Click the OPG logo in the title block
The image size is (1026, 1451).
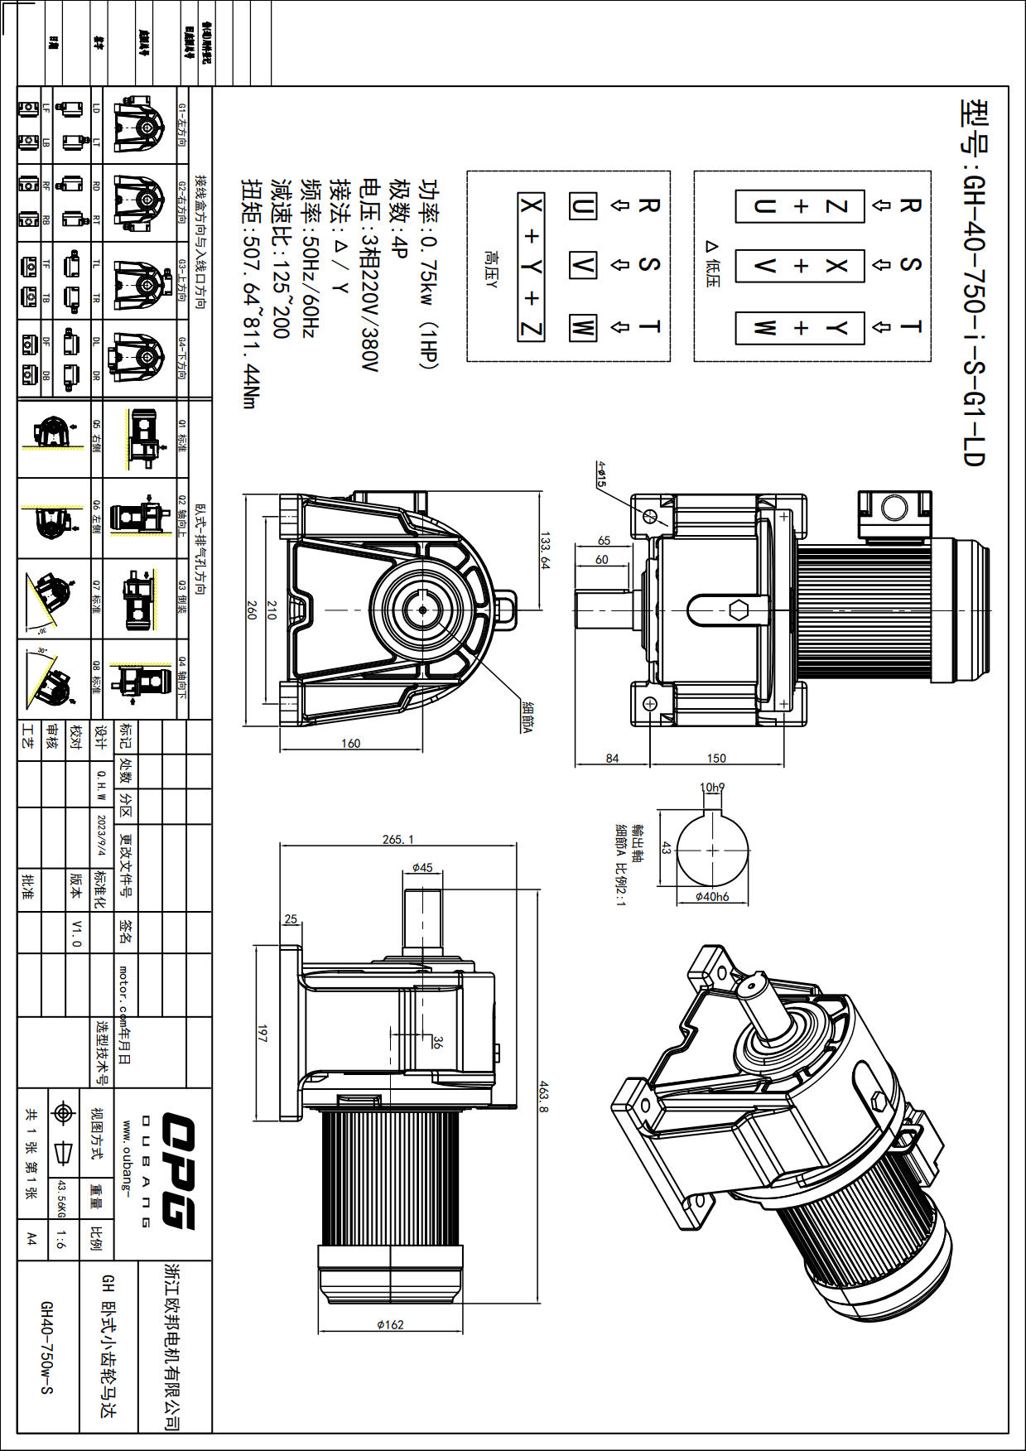click(x=175, y=1171)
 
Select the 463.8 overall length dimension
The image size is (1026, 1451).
click(x=543, y=1095)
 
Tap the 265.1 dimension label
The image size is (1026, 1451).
click(x=397, y=839)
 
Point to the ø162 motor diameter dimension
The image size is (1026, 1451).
click(x=390, y=1324)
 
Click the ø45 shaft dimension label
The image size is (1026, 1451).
click(x=422, y=867)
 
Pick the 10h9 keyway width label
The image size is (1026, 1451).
click(x=712, y=788)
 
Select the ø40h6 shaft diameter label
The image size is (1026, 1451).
click(x=712, y=896)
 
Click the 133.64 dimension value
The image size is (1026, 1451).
click(x=544, y=551)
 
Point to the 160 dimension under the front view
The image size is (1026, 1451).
click(x=351, y=743)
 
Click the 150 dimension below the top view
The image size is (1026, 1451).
click(x=716, y=758)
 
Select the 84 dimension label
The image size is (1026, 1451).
click(x=612, y=758)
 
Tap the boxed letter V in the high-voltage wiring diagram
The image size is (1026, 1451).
click(x=583, y=266)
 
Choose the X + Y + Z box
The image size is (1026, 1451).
click(x=531, y=267)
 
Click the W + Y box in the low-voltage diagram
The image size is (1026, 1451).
click(x=800, y=328)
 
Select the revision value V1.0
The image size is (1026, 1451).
click(x=76, y=932)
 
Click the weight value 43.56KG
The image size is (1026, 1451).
click(x=60, y=1198)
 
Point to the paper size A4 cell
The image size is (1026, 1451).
click(x=31, y=1238)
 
